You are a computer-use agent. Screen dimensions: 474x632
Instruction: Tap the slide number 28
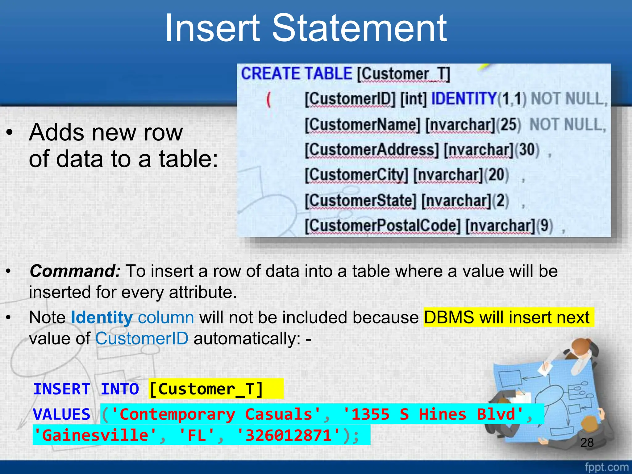click(587, 443)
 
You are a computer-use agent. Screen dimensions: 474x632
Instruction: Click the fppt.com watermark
click(606, 467)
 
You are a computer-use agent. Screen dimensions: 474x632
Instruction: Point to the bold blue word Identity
click(102, 318)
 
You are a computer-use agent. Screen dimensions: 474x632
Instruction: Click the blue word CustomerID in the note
click(142, 339)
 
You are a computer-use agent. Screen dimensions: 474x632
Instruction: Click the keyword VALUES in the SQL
click(62, 414)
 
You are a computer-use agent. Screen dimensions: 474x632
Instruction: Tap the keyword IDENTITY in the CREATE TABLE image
click(464, 99)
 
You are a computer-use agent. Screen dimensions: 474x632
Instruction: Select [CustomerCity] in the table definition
click(356, 175)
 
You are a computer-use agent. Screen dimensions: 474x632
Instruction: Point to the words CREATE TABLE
click(296, 74)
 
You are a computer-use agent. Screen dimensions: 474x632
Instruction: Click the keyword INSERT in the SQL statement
click(62, 389)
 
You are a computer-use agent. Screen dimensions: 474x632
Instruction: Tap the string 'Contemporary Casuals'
click(216, 414)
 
